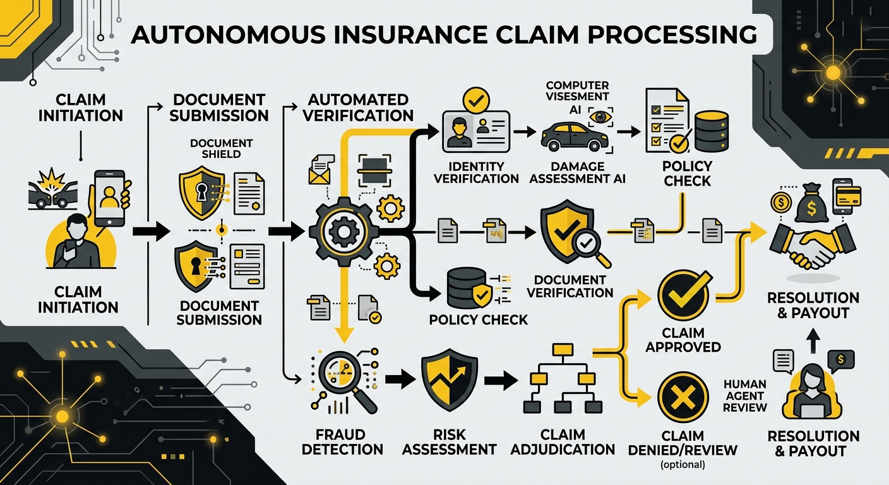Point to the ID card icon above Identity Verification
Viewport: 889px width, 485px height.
(x=474, y=132)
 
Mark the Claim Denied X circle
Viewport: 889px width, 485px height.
(x=683, y=397)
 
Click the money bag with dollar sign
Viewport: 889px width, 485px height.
(x=811, y=200)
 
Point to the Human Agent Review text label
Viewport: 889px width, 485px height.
(x=745, y=395)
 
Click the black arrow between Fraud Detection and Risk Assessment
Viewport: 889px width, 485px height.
(x=398, y=380)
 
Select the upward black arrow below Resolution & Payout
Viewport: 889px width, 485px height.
(x=813, y=342)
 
